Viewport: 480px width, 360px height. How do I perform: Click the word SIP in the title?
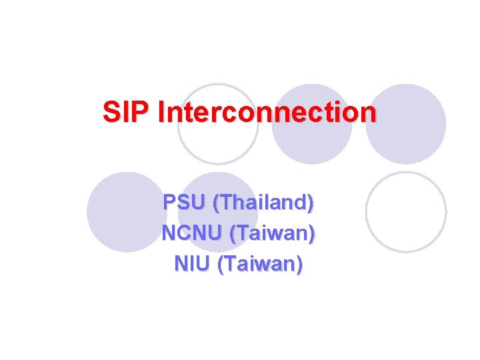coord(127,111)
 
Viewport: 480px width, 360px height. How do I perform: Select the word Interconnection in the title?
coord(267,111)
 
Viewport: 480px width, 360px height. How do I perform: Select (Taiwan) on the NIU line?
coord(260,265)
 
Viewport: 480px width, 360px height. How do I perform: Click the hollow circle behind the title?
coord(217,124)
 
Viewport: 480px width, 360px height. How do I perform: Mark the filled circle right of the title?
coord(406,124)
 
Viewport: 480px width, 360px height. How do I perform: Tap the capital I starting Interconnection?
coord(163,111)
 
